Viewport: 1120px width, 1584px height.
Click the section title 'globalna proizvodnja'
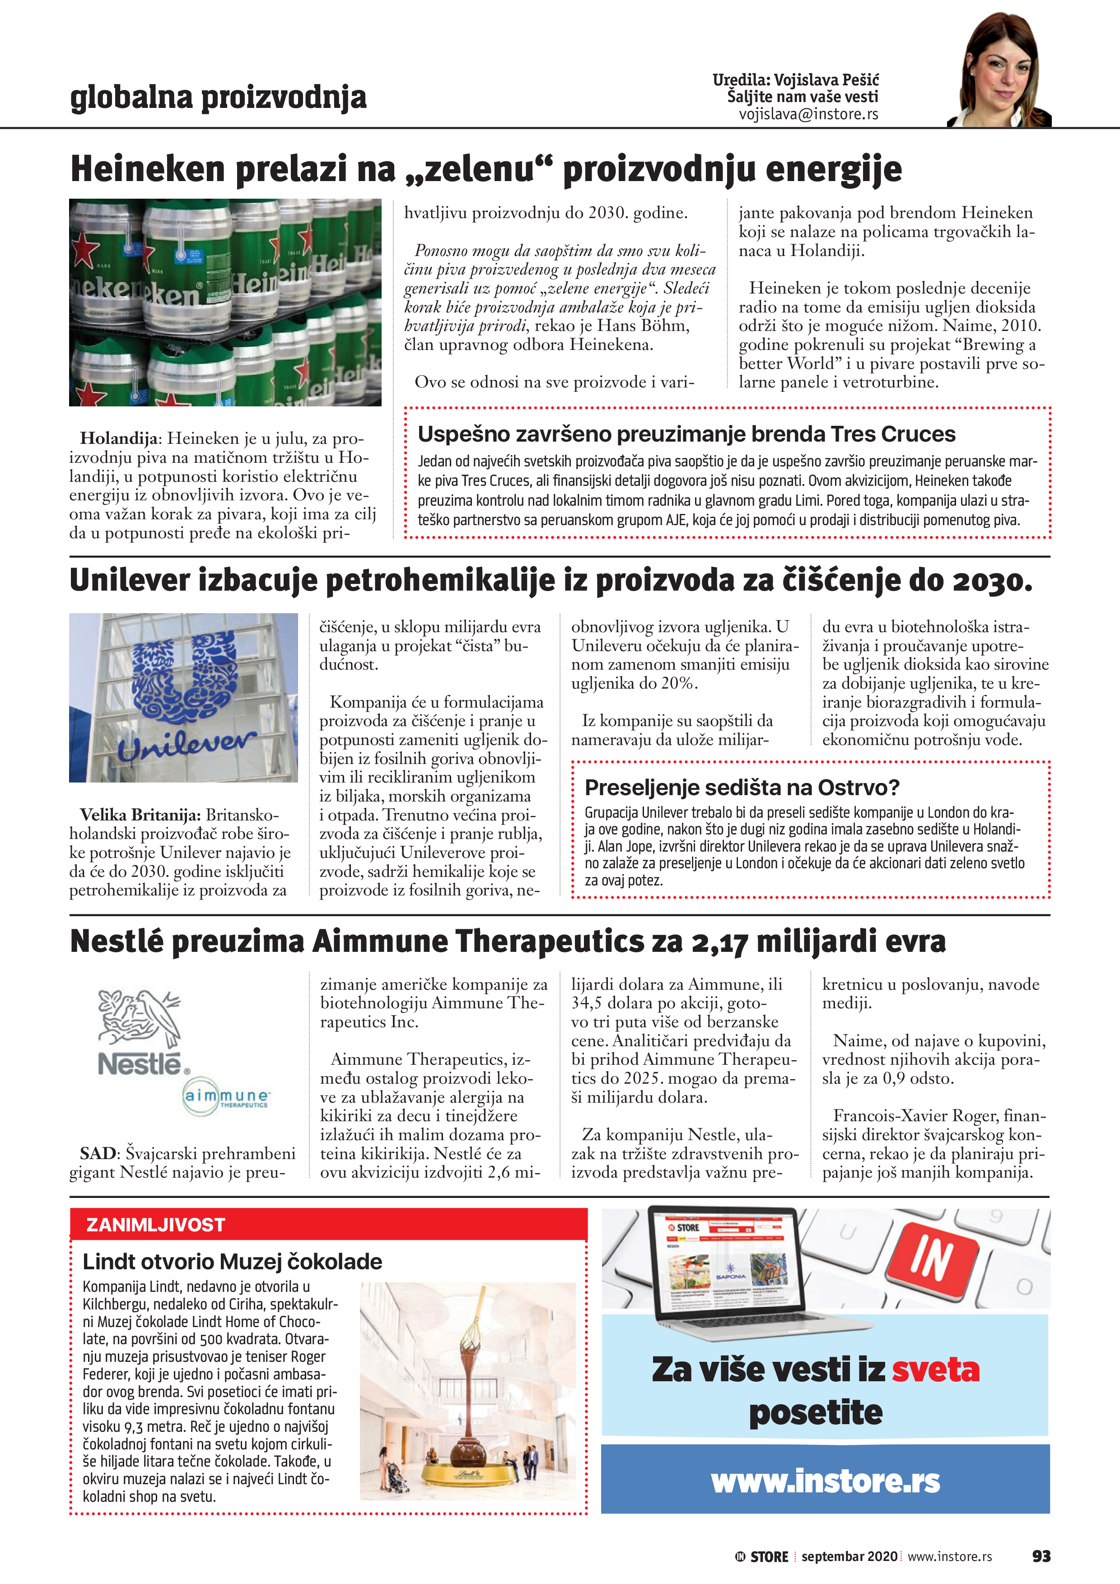click(218, 97)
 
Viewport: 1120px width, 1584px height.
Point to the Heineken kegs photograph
click(225, 302)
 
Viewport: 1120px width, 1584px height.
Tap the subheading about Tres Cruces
click(686, 434)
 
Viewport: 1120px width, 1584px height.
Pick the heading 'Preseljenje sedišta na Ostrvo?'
click(741, 787)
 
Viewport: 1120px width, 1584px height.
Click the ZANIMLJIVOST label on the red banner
click(155, 1225)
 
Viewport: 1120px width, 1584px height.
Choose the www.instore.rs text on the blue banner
click(826, 1481)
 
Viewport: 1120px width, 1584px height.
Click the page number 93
click(1041, 1556)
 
